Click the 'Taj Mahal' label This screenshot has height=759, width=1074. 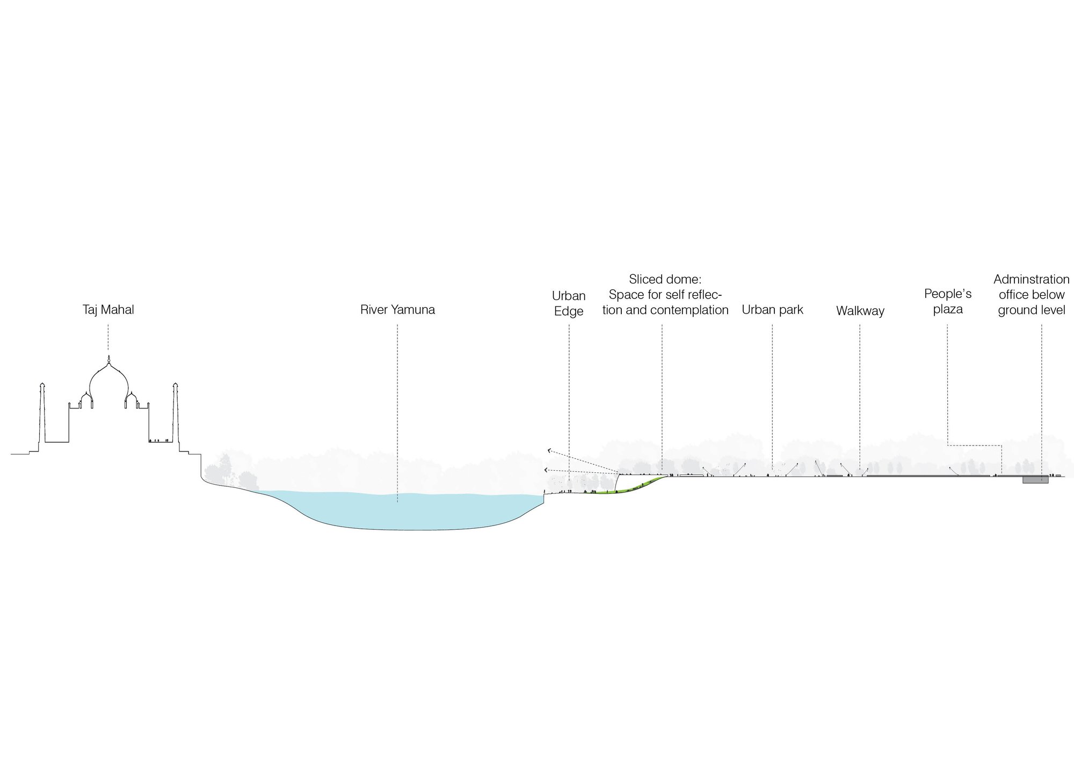(x=108, y=310)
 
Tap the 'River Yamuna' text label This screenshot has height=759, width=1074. (x=397, y=310)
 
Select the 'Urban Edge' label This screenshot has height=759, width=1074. (x=569, y=303)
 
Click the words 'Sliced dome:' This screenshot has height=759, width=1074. (x=665, y=279)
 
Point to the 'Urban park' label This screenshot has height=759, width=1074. (x=772, y=310)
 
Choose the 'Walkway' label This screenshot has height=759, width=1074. (x=860, y=311)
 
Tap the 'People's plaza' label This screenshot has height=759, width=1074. (x=948, y=301)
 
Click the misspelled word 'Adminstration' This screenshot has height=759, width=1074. (x=1031, y=279)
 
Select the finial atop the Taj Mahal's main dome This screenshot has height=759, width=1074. (x=108, y=359)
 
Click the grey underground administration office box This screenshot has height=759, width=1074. (x=1035, y=480)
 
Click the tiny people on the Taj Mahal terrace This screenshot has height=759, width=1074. (x=159, y=440)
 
